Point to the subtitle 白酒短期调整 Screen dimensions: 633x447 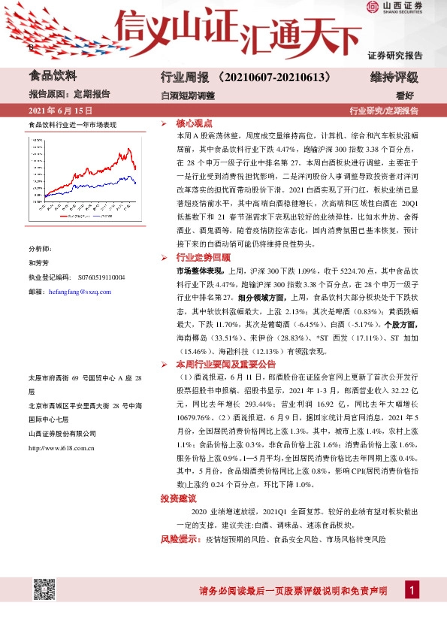coord(188,95)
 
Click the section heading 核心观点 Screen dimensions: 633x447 coord(195,122)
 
